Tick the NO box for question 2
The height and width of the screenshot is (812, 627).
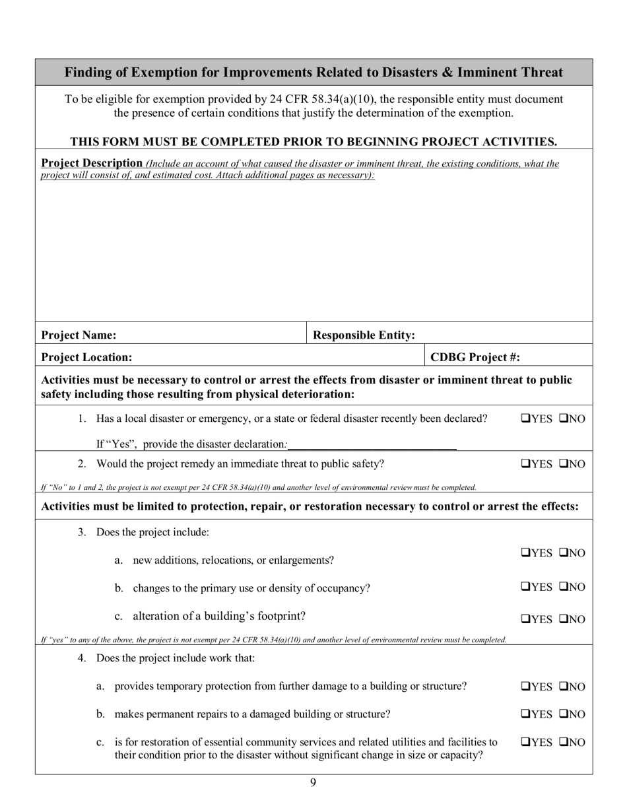point(564,464)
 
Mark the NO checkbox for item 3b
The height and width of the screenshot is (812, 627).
point(564,587)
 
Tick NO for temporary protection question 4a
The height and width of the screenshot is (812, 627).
point(564,687)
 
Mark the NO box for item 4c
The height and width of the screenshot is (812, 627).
point(564,742)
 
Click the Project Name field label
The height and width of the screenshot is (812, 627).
point(79,335)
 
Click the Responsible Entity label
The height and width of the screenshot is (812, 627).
point(364,335)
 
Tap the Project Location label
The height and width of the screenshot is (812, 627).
point(86,357)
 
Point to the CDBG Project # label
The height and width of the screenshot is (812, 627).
point(475,357)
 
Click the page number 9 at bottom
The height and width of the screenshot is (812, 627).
point(313,783)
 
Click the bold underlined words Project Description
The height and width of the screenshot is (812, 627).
point(92,163)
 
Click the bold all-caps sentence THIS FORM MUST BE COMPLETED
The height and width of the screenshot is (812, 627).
point(313,141)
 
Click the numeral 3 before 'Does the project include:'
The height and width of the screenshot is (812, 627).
point(82,532)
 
